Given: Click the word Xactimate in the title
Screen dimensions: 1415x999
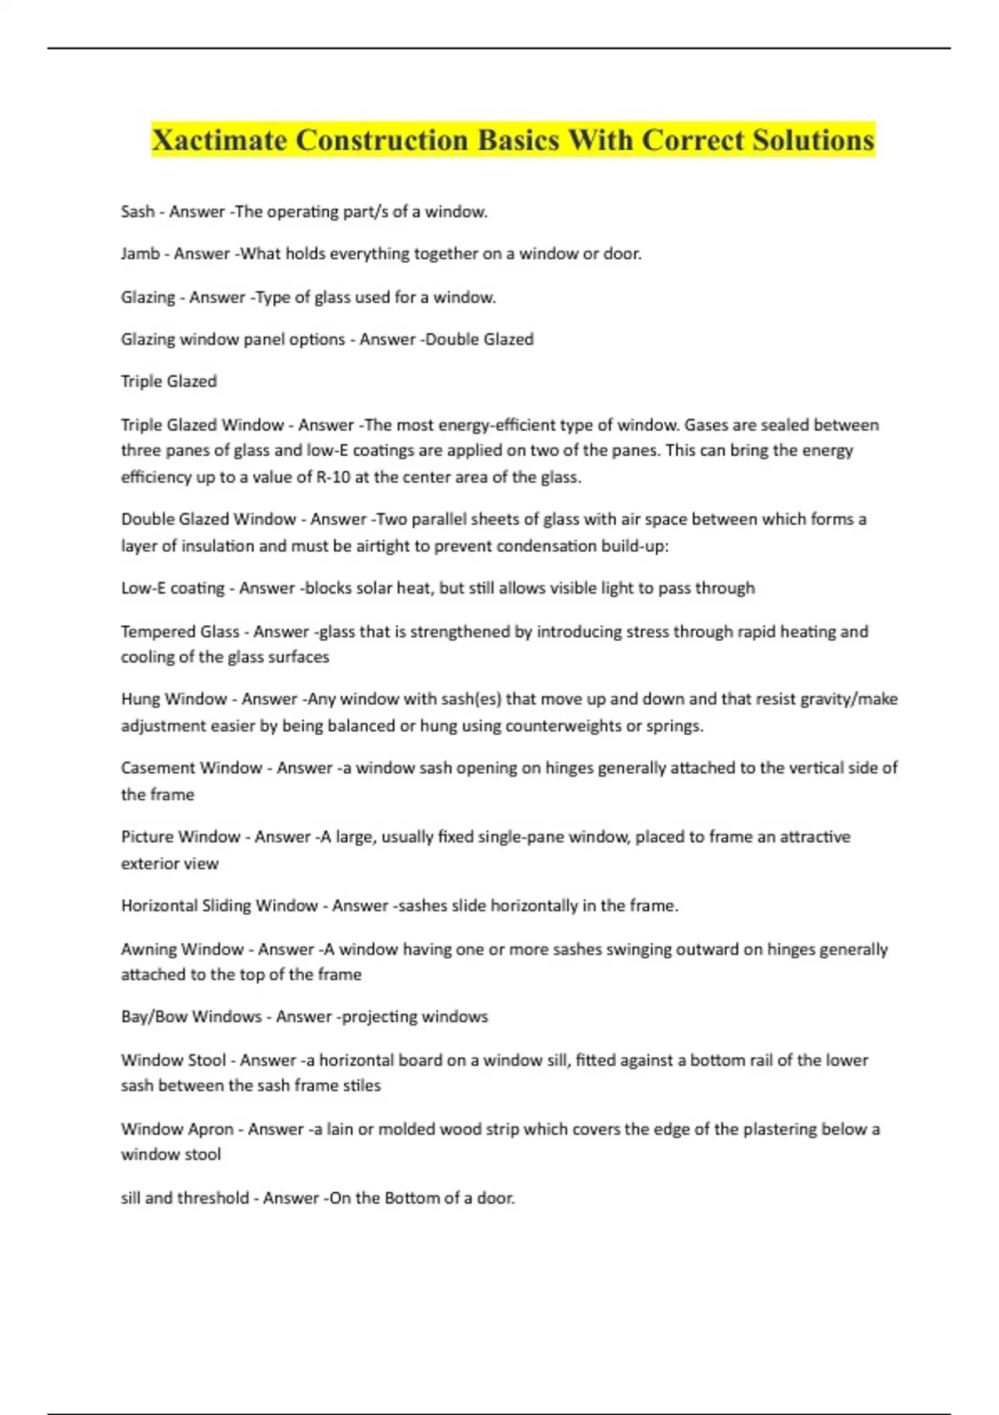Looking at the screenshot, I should coord(218,140).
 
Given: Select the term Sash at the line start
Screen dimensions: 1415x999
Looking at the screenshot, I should coord(137,211).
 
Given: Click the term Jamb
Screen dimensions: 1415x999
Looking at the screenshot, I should coord(140,253).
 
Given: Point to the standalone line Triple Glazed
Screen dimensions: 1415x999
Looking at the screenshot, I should coord(169,381).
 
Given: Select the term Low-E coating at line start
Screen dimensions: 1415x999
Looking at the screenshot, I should coord(172,588).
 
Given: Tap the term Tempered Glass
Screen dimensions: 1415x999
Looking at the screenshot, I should coord(180,631).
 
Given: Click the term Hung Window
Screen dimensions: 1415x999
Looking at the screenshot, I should coord(174,698).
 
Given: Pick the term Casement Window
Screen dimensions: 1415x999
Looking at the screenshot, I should coord(191,767).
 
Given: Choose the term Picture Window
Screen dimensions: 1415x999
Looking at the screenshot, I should coord(181,837).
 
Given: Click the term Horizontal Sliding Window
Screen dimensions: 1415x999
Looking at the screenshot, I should coord(220,906).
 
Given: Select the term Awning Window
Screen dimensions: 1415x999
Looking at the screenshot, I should coord(182,949).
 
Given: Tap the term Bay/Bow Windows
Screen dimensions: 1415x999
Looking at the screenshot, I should coord(191,1016).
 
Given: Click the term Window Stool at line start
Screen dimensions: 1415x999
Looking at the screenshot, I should coord(173,1060).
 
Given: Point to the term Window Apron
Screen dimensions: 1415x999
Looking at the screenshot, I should coord(177,1129).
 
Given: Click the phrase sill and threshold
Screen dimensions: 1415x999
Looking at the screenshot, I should coord(185,1198).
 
